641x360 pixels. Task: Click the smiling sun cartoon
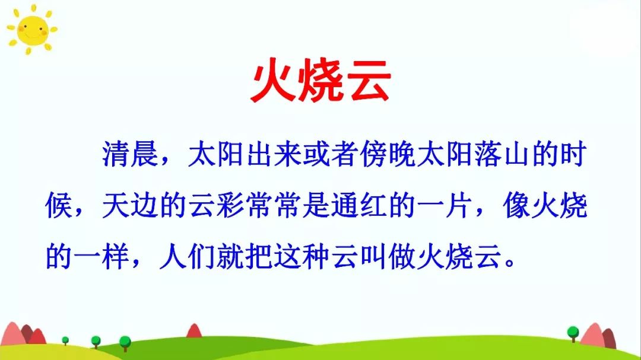point(32,29)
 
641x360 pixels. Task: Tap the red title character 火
point(274,81)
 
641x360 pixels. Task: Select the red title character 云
point(367,81)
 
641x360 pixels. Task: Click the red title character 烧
point(320,81)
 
